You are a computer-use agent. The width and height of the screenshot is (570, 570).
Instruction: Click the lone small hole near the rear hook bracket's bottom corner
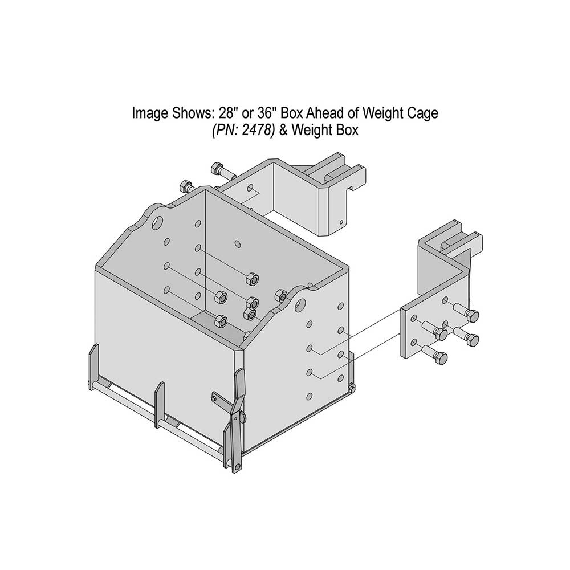[341, 222]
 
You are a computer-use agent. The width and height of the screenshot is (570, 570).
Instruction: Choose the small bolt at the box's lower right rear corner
[352, 389]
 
